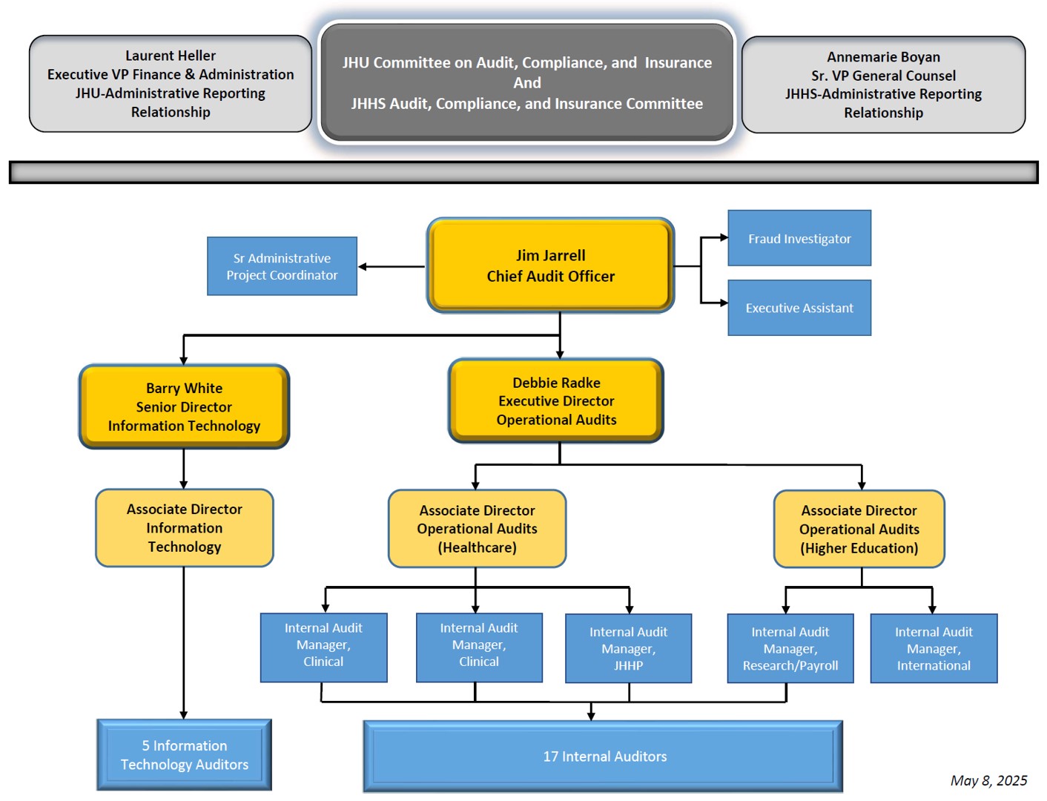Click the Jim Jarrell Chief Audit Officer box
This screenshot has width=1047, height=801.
[550, 266]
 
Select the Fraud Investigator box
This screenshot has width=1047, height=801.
[799, 237]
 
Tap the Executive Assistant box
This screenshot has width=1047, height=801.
[799, 307]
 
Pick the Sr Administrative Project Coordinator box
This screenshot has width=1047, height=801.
[282, 266]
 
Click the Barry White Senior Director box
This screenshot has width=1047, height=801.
[184, 406]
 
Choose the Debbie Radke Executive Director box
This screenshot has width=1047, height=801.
[555, 400]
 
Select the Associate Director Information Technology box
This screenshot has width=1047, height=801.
[184, 527]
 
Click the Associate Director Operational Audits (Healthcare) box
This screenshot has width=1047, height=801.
[477, 529]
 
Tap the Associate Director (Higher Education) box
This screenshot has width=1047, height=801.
[859, 529]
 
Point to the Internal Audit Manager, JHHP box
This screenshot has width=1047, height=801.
[628, 648]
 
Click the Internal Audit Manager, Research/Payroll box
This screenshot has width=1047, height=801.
[790, 648]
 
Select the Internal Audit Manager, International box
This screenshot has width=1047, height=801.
[934, 648]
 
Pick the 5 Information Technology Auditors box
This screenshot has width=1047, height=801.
[184, 755]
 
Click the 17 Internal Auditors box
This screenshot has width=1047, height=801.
[603, 756]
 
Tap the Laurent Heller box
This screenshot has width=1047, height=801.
[171, 84]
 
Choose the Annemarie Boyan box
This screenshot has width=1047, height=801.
[883, 85]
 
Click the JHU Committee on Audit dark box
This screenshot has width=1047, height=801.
[526, 82]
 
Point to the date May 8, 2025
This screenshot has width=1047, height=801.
[988, 780]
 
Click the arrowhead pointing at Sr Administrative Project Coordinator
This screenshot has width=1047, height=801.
[363, 267]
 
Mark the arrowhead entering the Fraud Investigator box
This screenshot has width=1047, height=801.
[724, 237]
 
